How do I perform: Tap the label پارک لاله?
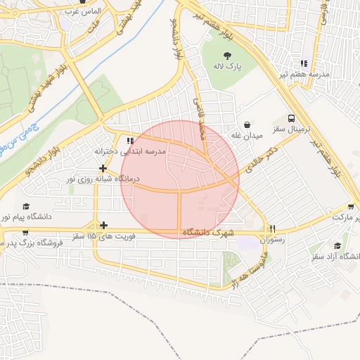click(x=228, y=67)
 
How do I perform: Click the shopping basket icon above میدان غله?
click(x=247, y=122)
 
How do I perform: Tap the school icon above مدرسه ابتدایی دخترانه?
click(x=128, y=140)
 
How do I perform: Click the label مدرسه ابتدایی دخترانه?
click(x=129, y=151)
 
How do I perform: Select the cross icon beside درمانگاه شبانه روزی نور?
click(x=103, y=168)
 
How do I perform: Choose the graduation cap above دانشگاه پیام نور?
click(x=26, y=207)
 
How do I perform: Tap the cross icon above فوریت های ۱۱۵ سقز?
click(x=104, y=225)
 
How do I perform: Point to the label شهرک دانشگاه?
click(x=207, y=233)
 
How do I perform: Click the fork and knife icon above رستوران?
click(x=272, y=228)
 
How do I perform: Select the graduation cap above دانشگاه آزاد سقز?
click(x=337, y=245)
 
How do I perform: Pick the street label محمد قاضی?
click(x=200, y=117)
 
